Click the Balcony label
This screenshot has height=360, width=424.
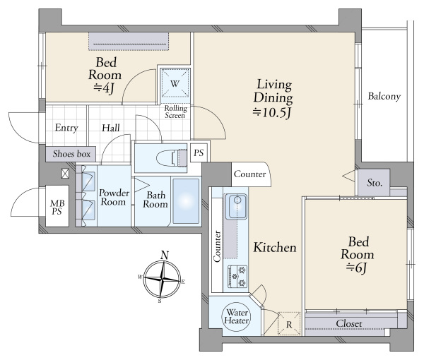(x=384, y=96)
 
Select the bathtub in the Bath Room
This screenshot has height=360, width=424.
(x=186, y=201)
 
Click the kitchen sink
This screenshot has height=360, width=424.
(x=236, y=206)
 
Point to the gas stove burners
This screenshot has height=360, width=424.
(x=237, y=276)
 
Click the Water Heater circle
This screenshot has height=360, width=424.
(x=237, y=316)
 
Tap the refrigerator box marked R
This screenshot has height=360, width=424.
(x=289, y=323)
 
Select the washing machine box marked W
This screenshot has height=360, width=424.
(x=175, y=83)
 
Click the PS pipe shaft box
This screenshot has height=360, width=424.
(x=199, y=152)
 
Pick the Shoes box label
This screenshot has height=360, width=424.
(x=71, y=154)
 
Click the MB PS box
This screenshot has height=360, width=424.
(x=57, y=206)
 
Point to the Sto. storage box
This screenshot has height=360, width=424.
(x=374, y=183)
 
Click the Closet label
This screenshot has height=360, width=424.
(x=349, y=323)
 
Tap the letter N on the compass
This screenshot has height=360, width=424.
(x=165, y=256)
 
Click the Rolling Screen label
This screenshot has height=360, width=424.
(x=175, y=112)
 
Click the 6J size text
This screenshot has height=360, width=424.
(x=357, y=268)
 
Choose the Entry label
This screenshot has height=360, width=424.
(x=66, y=128)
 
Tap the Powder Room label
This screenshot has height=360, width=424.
(x=114, y=198)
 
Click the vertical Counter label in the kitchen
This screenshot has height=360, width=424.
(x=217, y=246)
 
